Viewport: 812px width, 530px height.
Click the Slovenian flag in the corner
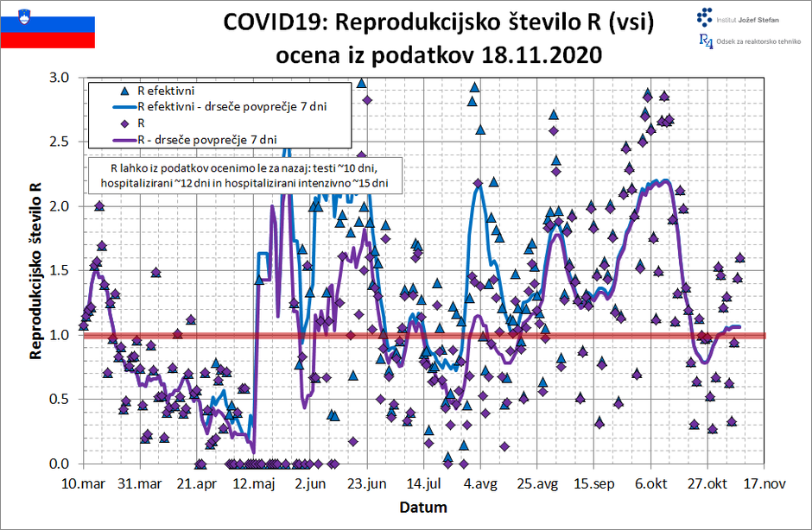tap(48, 25)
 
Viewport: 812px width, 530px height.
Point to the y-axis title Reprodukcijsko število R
tap(35, 269)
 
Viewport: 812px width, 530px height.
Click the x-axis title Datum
tap(422, 506)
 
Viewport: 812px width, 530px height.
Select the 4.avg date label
tap(480, 484)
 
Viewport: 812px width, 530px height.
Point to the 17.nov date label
tap(764, 484)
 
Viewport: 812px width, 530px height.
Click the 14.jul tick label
tap(424, 484)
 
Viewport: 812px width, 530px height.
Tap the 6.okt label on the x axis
tap(650, 484)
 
